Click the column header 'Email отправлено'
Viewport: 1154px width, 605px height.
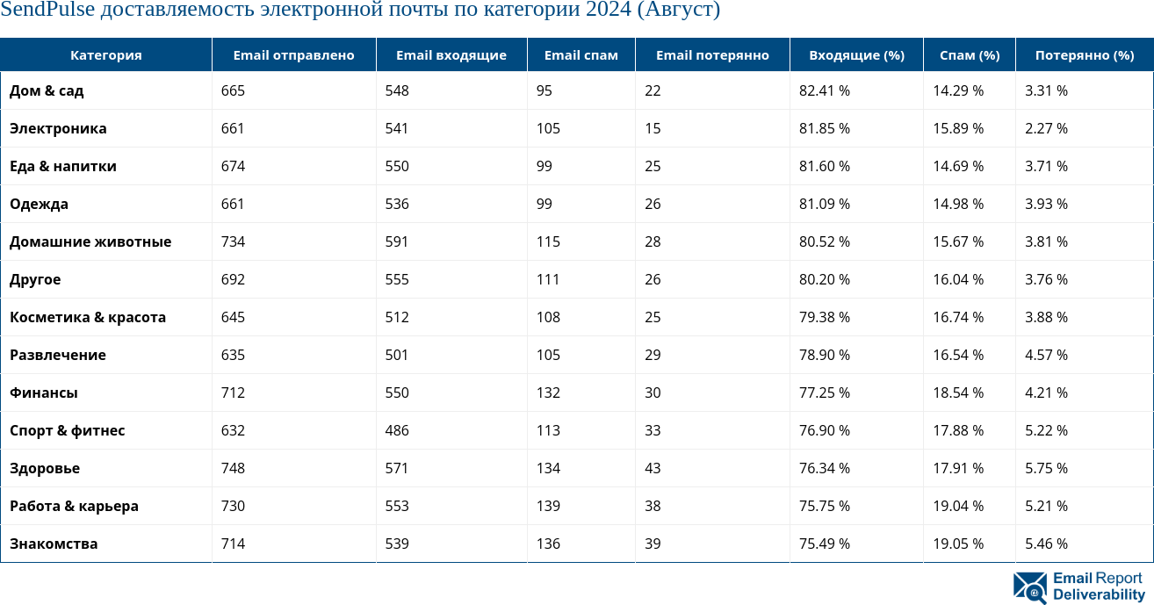pos(293,54)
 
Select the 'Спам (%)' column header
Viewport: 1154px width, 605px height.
pos(969,54)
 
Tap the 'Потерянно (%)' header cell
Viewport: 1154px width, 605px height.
pos(1084,54)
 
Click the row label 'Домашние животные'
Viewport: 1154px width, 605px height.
pos(90,241)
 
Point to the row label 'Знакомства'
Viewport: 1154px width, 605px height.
pos(54,544)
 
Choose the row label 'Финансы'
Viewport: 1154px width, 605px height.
pos(44,393)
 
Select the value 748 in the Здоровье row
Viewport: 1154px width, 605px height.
pos(233,468)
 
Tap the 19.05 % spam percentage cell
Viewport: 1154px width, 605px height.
pos(957,544)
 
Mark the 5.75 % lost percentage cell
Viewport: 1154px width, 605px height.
pos(1046,468)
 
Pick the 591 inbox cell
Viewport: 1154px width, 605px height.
pos(397,241)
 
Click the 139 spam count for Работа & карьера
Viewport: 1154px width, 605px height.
pos(548,506)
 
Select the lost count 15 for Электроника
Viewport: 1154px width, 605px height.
pos(652,128)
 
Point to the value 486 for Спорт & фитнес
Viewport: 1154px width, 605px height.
pos(397,430)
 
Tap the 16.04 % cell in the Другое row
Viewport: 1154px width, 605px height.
pos(957,279)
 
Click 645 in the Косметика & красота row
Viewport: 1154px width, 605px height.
pos(233,317)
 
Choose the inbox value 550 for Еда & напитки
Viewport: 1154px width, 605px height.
pos(397,166)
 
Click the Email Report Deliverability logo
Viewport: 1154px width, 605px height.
pos(1079,587)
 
